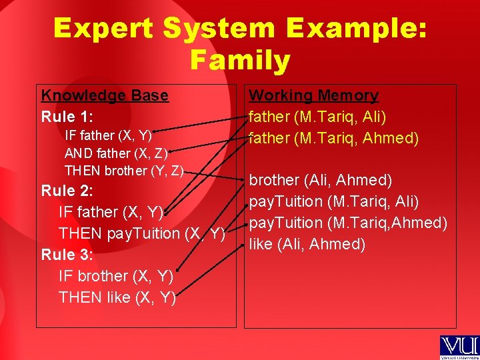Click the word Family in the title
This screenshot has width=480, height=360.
pyautogui.click(x=240, y=61)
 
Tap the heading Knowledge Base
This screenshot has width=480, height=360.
pyautogui.click(x=105, y=95)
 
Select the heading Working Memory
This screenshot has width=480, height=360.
pyautogui.click(x=313, y=95)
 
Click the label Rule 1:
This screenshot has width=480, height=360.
pyautogui.click(x=67, y=117)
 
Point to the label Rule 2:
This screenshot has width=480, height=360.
pyautogui.click(x=67, y=191)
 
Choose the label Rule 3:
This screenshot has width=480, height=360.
pyautogui.click(x=67, y=255)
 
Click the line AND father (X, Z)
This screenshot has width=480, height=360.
pyautogui.click(x=116, y=153)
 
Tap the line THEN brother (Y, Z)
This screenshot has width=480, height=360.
pyautogui.click(x=124, y=171)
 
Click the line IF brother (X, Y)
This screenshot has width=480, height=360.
pyautogui.click(x=116, y=276)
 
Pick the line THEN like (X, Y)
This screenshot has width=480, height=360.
pyautogui.click(x=117, y=297)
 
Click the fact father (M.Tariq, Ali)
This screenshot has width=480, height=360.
pyautogui.click(x=317, y=117)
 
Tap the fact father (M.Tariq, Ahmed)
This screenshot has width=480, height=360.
pyautogui.click(x=333, y=138)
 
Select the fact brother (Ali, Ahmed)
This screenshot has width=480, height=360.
pyautogui.click(x=320, y=180)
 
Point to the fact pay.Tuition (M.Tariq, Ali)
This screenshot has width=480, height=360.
pyautogui.click(x=334, y=201)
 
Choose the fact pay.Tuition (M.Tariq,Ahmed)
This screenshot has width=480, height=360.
pyautogui.click(x=348, y=223)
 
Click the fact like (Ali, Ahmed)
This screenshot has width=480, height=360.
pyautogui.click(x=307, y=244)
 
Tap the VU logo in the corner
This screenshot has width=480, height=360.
pyautogui.click(x=458, y=347)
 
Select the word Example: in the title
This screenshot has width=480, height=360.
pyautogui.click(x=356, y=29)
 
